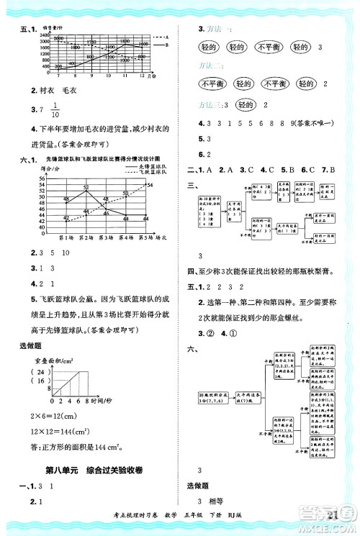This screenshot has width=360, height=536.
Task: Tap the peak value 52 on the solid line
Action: point(86,188)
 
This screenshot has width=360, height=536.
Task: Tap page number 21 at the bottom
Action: point(332,512)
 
